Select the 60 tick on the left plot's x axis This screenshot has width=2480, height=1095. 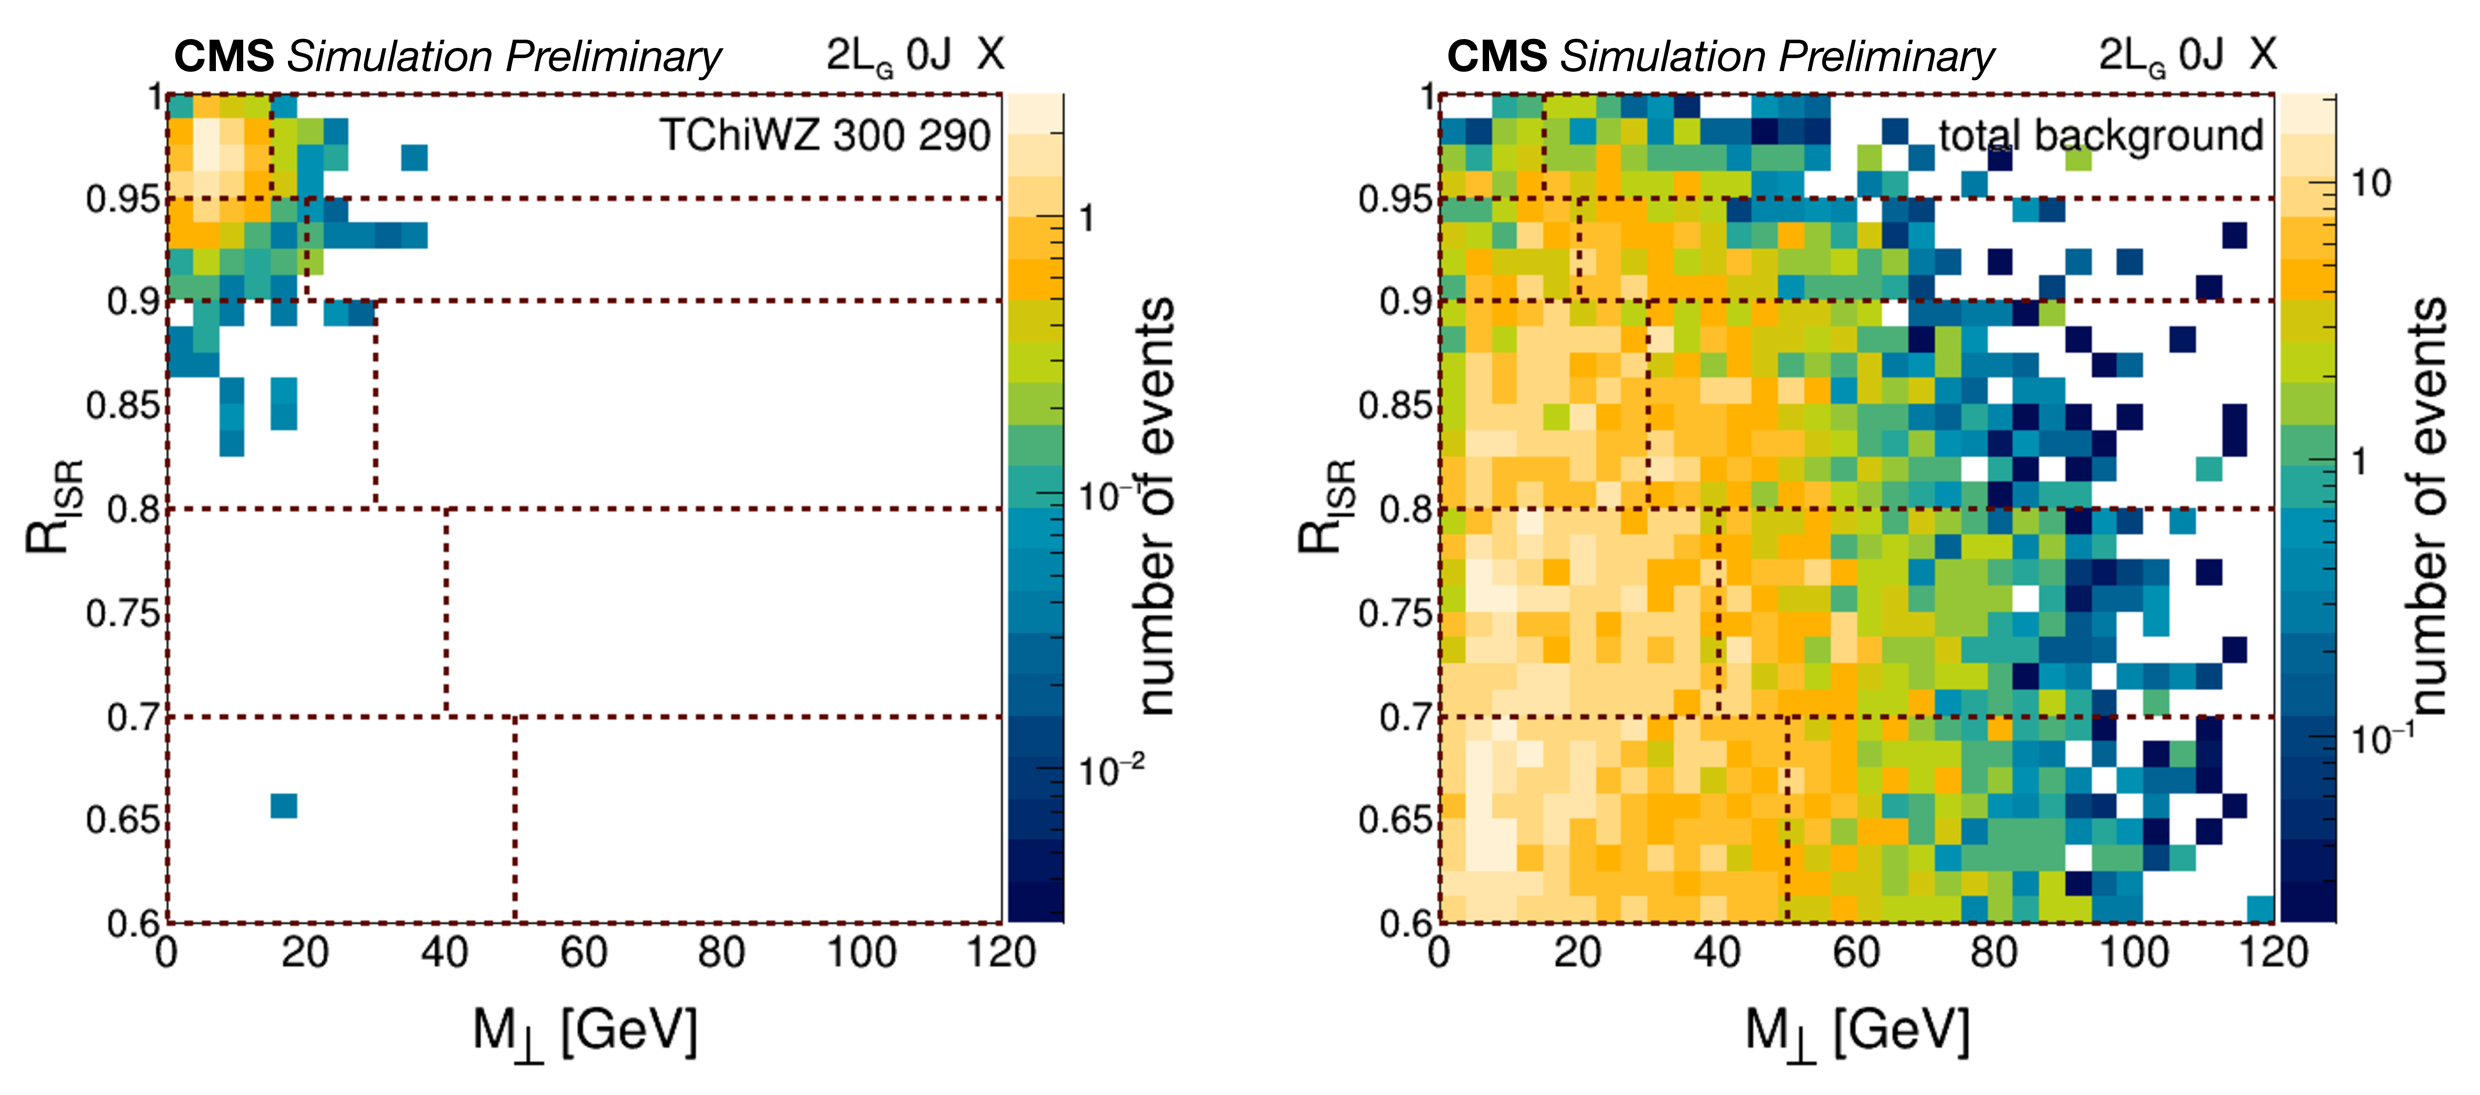584,953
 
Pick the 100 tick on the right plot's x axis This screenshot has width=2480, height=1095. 2133,953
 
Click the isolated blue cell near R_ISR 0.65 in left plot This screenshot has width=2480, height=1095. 284,805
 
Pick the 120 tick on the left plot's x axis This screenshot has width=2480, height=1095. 1001,953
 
